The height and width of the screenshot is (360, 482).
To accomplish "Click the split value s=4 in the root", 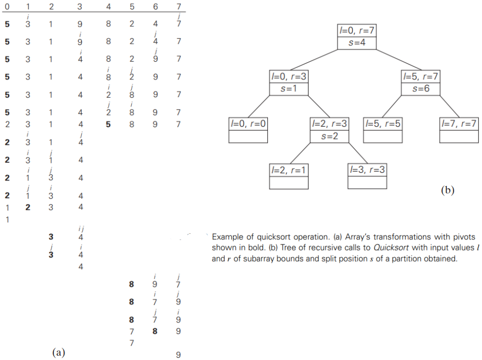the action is pos(356,43).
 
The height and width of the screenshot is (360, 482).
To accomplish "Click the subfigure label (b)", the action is pos(448,191).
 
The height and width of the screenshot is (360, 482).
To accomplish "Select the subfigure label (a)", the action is pos(59,352).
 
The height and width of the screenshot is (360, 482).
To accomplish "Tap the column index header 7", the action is pos(178,7).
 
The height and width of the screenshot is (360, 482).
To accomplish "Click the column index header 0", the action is pos(7,7).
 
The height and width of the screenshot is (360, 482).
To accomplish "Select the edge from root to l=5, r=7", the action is pos(389,61).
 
